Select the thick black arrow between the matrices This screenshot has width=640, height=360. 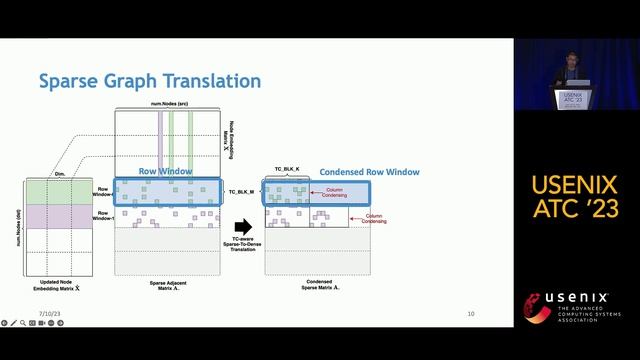(x=242, y=227)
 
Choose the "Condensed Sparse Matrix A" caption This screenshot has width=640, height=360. (x=318, y=287)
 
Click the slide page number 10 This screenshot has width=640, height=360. (x=470, y=314)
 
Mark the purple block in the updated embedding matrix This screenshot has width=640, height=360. (x=62, y=216)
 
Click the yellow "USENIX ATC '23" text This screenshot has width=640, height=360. (x=575, y=198)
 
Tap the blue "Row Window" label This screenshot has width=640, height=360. (x=165, y=172)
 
